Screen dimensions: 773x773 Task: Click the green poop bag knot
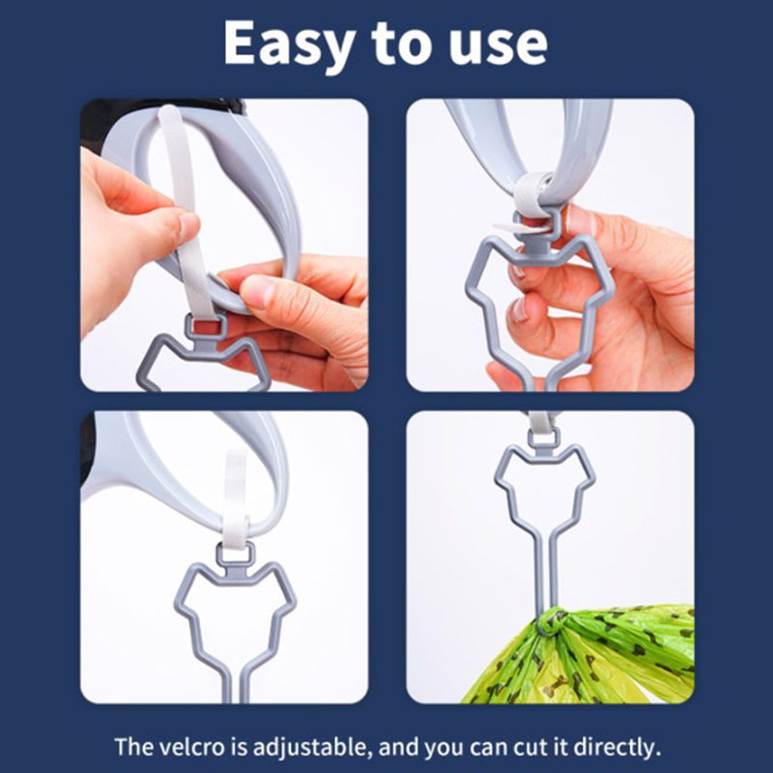[552, 621]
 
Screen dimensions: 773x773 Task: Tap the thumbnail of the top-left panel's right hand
[256, 291]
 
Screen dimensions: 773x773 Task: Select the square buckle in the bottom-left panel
[236, 556]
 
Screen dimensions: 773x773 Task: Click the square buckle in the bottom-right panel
[543, 438]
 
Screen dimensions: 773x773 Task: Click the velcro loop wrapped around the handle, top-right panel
[533, 193]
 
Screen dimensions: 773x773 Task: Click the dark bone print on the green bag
[557, 684]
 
